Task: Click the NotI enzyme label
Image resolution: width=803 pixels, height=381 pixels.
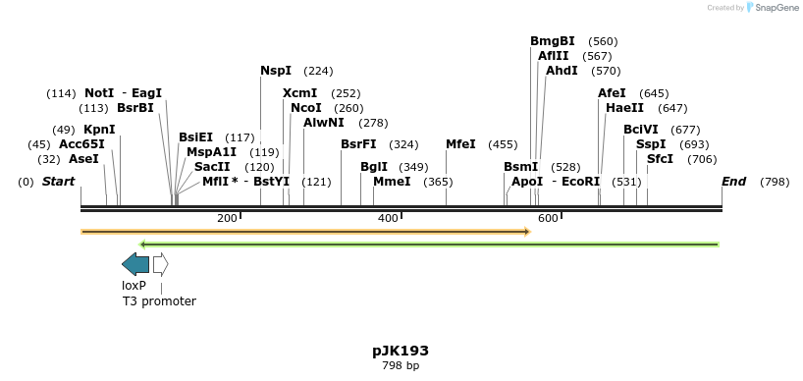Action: click(99, 93)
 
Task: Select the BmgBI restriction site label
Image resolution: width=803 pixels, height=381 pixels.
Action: click(553, 41)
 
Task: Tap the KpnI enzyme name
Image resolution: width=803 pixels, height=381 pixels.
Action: click(99, 130)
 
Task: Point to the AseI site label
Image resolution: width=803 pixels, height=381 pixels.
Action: click(83, 159)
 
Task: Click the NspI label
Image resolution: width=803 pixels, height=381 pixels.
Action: click(276, 71)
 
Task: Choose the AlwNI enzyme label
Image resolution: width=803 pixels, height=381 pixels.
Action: click(324, 123)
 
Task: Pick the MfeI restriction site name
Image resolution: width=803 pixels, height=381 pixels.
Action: click(461, 144)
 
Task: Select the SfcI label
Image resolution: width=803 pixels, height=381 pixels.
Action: click(660, 159)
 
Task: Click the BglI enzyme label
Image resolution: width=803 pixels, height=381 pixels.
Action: click(374, 167)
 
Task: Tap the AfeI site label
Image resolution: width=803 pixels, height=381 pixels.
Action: click(612, 93)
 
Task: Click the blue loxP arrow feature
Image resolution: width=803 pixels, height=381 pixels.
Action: click(134, 263)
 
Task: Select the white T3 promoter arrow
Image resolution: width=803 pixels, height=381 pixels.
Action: click(160, 263)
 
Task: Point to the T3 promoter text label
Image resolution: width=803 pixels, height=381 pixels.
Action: click(159, 301)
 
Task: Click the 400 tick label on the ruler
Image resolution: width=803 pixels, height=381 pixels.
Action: click(388, 218)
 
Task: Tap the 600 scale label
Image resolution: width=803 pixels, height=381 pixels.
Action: click(548, 218)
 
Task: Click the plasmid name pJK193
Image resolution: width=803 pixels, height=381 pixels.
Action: click(401, 351)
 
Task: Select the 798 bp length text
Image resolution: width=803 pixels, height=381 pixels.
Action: click(401, 366)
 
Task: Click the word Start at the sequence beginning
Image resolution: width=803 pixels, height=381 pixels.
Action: click(59, 182)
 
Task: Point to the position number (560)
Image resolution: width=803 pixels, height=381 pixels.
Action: click(603, 41)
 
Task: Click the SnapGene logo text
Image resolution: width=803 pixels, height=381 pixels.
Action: click(774, 8)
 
